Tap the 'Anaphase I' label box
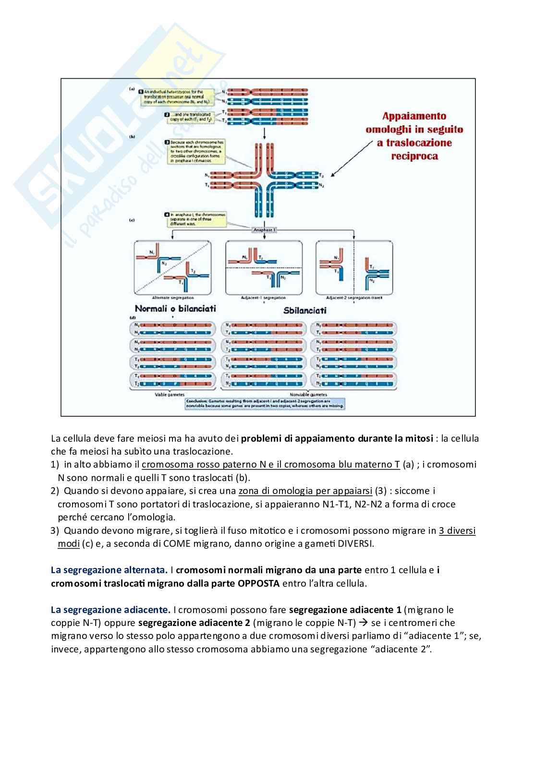coord(265,230)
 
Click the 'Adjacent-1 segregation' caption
coord(263,298)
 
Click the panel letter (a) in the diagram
coord(132,89)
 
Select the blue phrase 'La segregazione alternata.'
coord(109,570)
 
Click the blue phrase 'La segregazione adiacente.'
coord(110,610)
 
